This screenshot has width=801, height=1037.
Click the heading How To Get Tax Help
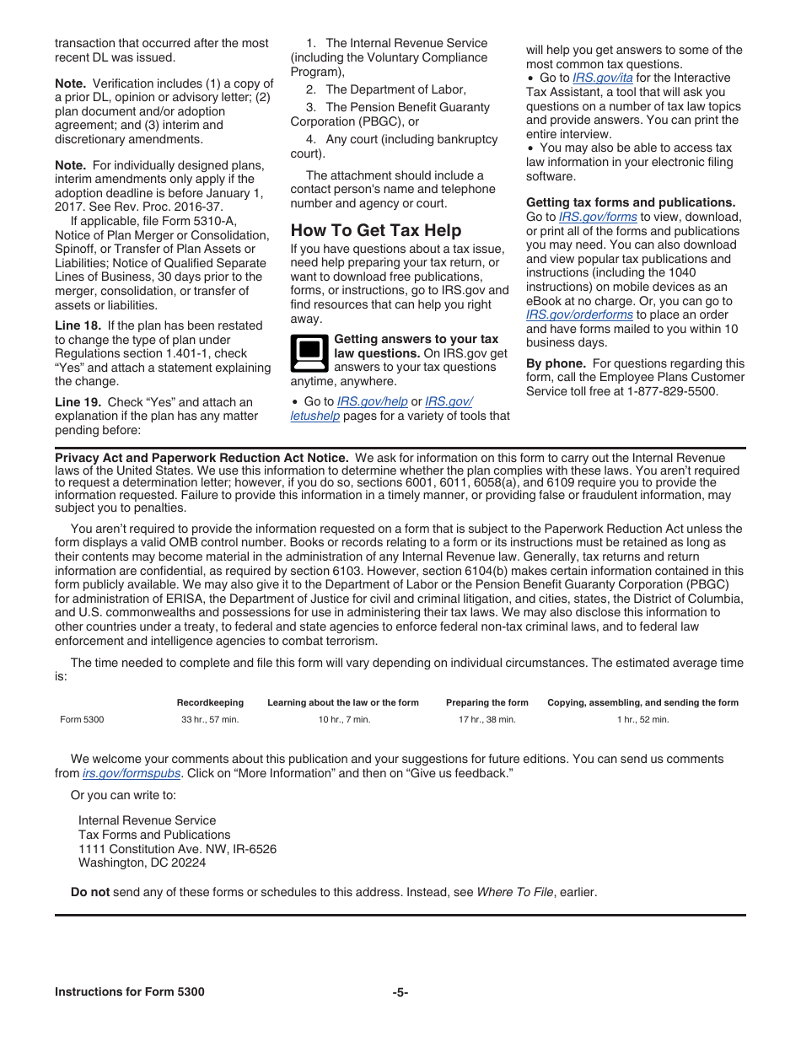375,230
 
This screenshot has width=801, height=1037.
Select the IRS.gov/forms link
598,217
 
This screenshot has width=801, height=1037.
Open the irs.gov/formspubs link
132,773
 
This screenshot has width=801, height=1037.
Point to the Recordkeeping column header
210,702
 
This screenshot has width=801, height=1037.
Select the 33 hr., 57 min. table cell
210,719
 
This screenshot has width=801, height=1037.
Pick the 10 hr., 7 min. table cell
344,719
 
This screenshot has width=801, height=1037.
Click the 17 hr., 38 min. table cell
487,719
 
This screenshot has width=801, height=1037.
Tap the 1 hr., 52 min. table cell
642,719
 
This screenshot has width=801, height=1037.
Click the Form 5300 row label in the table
82,719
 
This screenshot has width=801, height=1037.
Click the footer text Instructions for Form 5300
129,992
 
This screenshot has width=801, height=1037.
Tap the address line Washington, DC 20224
142,862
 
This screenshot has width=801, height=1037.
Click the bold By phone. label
556,363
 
